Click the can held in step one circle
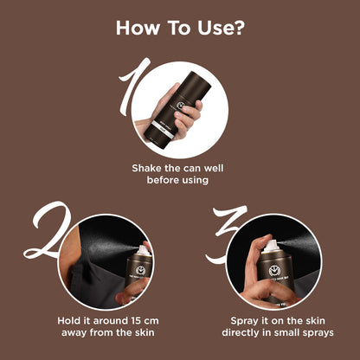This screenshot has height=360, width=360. (177, 105)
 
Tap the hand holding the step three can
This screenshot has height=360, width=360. (259, 281)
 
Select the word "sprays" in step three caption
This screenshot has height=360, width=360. (317, 332)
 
